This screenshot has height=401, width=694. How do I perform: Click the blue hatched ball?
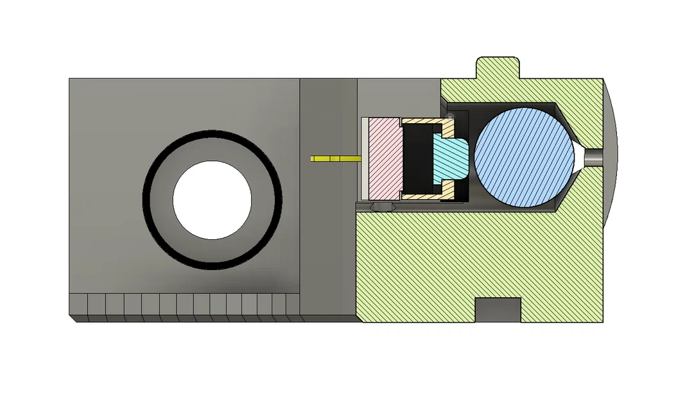(523, 157)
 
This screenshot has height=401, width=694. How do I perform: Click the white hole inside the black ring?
(212, 200)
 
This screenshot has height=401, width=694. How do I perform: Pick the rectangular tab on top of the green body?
(498, 67)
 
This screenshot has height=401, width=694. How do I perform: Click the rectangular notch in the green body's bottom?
(497, 310)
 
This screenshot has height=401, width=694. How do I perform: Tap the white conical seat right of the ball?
(580, 157)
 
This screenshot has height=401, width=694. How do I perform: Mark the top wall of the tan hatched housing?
(424, 121)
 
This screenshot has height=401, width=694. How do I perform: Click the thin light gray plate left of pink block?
(365, 158)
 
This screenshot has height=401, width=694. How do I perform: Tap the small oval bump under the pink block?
(383, 207)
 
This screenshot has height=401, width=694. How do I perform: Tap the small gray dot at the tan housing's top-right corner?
(451, 116)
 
